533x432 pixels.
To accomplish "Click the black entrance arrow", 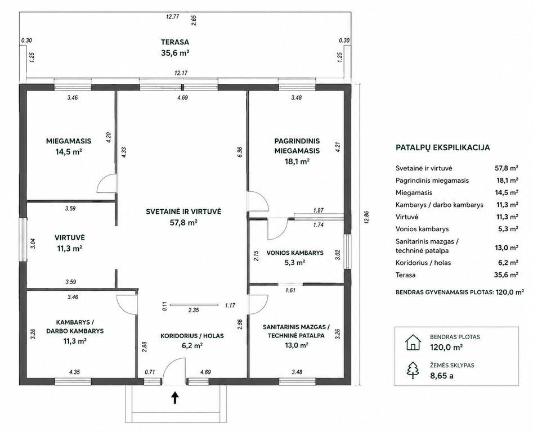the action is [175, 397].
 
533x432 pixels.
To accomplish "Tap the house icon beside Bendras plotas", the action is [413, 343].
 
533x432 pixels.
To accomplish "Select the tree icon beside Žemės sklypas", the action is [413, 370].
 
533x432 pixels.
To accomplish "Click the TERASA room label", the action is [175, 42].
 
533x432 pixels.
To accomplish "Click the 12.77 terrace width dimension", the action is [172, 16].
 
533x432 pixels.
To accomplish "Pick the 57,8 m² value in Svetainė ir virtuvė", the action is [183, 223].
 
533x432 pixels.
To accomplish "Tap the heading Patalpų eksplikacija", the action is [442, 148].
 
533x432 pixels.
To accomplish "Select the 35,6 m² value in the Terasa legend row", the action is [506, 274].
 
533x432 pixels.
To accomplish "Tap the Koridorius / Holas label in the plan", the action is [192, 336].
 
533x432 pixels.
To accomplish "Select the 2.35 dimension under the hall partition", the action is [194, 310].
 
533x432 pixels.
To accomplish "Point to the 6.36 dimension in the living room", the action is [240, 152].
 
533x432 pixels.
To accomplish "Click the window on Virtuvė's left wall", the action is [23, 240].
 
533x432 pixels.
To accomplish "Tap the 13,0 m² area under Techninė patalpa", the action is [297, 345].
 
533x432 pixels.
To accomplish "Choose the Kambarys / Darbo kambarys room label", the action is [75, 326].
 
